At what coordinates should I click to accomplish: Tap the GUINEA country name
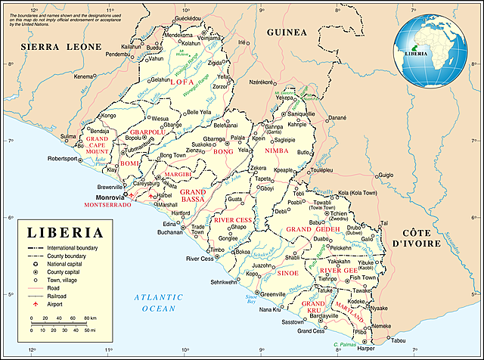pyautogui.click(x=286, y=33)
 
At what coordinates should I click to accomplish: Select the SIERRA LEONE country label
pyautogui.click(x=60, y=47)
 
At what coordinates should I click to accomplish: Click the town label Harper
pyautogui.click(x=366, y=349)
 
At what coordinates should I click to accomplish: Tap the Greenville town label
pyautogui.click(x=273, y=293)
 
